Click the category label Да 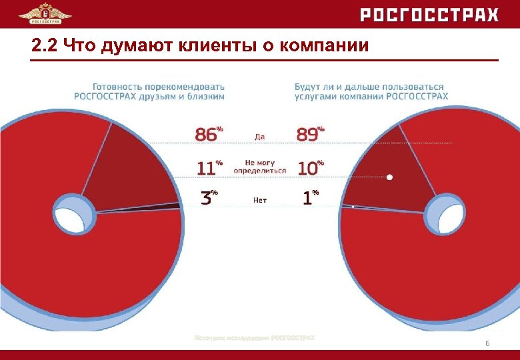(x=259, y=137)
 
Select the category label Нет (x=260, y=199)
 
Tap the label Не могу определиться (x=259, y=167)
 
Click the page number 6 (x=487, y=343)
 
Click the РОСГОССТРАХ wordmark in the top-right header (x=429, y=15)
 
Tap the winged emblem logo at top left (x=45, y=13)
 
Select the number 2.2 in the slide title (x=43, y=46)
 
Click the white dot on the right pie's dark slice (x=390, y=177)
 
